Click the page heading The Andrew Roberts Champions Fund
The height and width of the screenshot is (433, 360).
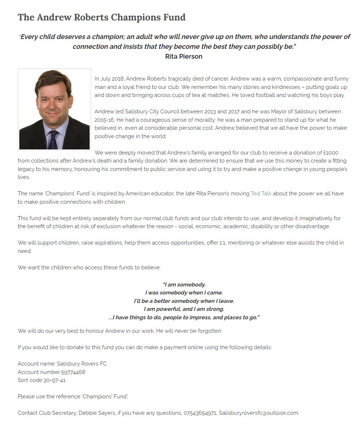[101, 17]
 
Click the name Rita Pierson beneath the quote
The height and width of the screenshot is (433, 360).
[184, 56]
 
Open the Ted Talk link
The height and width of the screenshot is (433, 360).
[261, 194]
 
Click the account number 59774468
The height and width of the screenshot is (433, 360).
[73, 372]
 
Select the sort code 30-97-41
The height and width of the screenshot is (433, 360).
[54, 380]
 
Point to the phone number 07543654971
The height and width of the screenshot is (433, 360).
[200, 413]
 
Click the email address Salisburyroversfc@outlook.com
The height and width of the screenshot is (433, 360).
[258, 413]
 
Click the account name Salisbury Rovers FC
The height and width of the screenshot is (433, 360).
[82, 364]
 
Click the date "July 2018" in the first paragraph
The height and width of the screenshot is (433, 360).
[112, 79]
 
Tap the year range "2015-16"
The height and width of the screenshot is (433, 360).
[105, 120]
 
